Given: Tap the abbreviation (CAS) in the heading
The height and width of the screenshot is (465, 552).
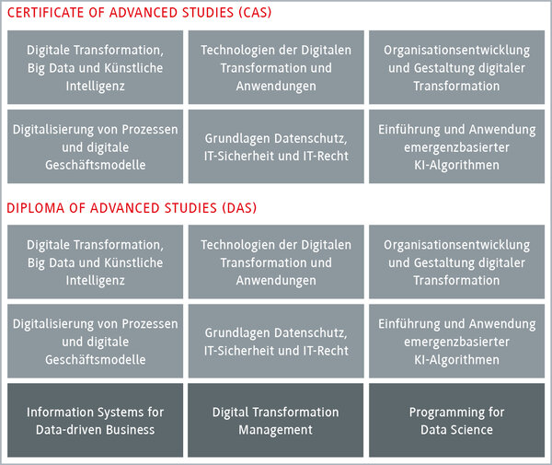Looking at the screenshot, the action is pyautogui.click(x=255, y=13).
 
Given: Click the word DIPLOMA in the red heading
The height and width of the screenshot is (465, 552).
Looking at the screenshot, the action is pyautogui.click(x=36, y=208).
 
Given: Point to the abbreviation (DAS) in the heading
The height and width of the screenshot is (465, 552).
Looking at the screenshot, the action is pyautogui.click(x=239, y=208).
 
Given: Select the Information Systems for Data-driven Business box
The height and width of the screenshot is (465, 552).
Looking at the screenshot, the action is pyautogui.click(x=95, y=420).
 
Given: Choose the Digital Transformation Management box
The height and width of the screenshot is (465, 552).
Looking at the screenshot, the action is pyautogui.click(x=276, y=420).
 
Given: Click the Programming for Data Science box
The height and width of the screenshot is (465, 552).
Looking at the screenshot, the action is pyautogui.click(x=456, y=420).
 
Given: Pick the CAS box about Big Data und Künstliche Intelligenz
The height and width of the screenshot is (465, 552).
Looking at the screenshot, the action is pyautogui.click(x=95, y=67).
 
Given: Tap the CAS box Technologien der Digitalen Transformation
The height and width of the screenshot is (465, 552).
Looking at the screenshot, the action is pyautogui.click(x=276, y=67).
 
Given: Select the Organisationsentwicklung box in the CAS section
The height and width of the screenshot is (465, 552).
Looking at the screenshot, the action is pyautogui.click(x=456, y=67).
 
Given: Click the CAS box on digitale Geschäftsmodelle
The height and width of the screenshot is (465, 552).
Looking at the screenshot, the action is pyautogui.click(x=95, y=146).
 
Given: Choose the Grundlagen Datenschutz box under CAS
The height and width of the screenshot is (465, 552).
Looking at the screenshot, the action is pyautogui.click(x=276, y=146).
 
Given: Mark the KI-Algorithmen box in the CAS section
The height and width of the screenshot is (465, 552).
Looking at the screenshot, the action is pyautogui.click(x=456, y=146).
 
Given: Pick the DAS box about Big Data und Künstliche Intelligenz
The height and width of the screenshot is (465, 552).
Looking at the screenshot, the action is pyautogui.click(x=95, y=262).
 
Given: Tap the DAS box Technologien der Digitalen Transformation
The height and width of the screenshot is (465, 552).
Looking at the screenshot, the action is pyautogui.click(x=276, y=262).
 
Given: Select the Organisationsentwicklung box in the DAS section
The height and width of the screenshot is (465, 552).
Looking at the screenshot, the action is pyautogui.click(x=456, y=262).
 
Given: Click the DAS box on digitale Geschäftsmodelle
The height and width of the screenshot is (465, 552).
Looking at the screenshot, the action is pyautogui.click(x=95, y=341).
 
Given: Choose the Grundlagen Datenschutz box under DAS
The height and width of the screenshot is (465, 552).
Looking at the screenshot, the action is pyautogui.click(x=276, y=341).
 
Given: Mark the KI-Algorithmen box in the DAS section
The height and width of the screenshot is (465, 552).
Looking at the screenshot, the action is pyautogui.click(x=456, y=341).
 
